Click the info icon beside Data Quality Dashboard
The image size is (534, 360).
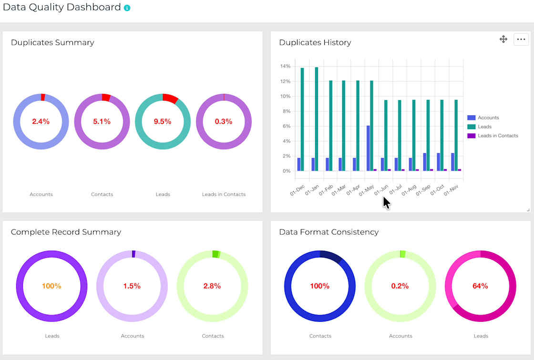click(127, 8)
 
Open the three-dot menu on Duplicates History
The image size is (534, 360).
click(521, 40)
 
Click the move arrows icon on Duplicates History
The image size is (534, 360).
click(503, 39)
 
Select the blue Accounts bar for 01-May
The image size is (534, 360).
click(368, 148)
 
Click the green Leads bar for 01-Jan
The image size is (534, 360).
click(317, 119)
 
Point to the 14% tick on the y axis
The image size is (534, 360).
click(286, 66)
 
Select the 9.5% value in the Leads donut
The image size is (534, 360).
click(163, 122)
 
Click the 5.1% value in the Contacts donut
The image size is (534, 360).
click(102, 122)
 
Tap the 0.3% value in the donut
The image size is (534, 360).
click(224, 122)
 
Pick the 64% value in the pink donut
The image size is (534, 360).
click(480, 286)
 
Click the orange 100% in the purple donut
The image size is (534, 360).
click(51, 286)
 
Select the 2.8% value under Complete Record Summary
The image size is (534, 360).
click(212, 286)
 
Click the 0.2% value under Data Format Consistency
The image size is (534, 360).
click(400, 286)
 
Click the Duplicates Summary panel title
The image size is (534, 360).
click(52, 42)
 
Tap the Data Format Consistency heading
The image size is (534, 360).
click(329, 232)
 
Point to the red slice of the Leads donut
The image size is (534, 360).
click(170, 98)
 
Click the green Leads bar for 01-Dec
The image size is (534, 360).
click(302, 119)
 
